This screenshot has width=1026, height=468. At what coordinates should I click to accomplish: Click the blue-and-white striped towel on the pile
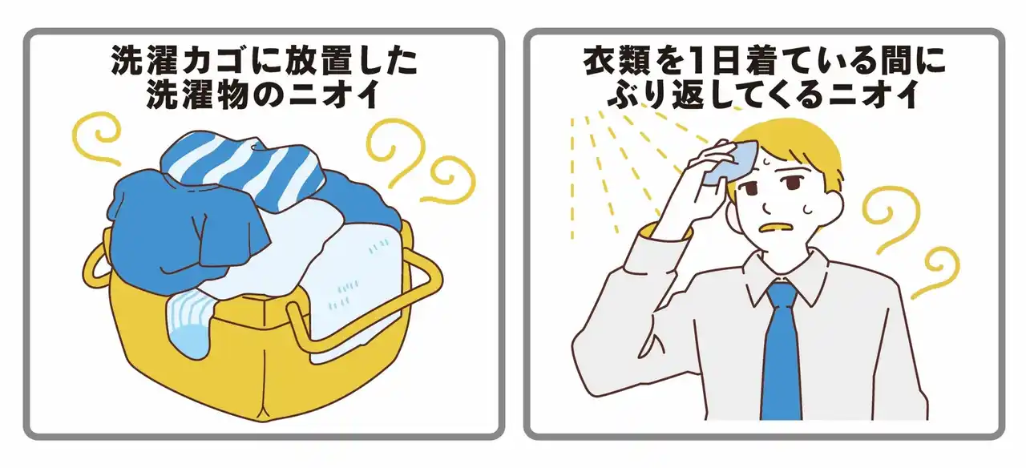point(243,169)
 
